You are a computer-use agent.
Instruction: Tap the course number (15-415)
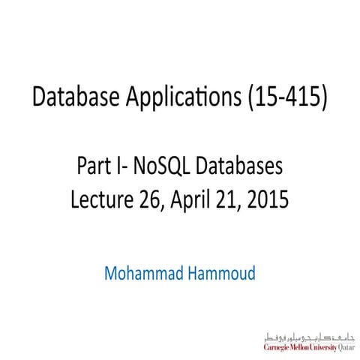point(284,97)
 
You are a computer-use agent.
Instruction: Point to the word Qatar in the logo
point(348,347)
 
